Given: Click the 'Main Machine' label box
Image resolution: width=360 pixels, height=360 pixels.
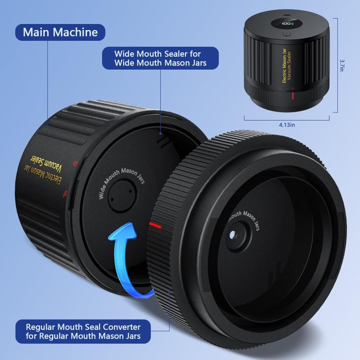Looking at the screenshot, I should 60,32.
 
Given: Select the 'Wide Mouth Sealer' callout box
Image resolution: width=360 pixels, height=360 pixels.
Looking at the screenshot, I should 160,58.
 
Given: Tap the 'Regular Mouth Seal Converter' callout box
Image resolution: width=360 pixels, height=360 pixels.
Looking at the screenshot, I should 83,331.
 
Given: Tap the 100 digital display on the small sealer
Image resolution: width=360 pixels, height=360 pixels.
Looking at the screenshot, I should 286,24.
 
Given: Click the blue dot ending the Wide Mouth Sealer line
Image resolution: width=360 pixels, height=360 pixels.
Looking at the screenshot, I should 161,134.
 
